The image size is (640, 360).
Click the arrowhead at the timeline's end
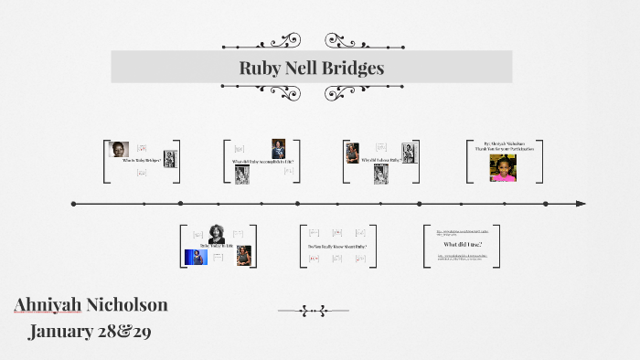pos(581,204)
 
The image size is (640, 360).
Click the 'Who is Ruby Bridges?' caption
pos(141,161)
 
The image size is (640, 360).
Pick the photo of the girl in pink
pos(503,168)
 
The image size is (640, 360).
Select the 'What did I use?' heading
pos(462,245)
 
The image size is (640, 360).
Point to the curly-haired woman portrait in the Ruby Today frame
pos(217,233)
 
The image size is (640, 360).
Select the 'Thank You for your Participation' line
pos(508,149)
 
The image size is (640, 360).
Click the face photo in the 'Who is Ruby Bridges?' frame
pos(118,149)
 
